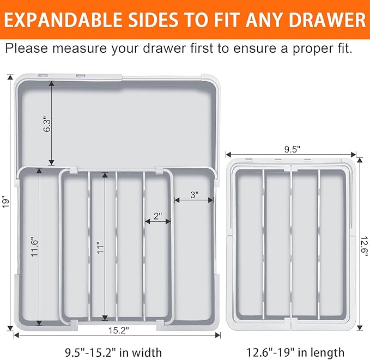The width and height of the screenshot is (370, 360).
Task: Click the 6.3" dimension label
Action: [x=47, y=123]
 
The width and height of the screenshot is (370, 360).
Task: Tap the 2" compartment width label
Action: [x=157, y=216]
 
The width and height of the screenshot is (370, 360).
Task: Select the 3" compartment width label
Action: [x=194, y=194]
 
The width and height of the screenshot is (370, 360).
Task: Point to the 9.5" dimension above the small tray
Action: [x=292, y=149]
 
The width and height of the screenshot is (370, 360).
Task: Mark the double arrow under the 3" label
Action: [x=193, y=200]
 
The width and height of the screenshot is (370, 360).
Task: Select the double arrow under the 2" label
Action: [x=157, y=222]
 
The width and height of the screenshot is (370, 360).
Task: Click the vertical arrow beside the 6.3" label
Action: [x=52, y=123]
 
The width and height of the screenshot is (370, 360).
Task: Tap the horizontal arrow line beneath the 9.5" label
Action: [x=292, y=155]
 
